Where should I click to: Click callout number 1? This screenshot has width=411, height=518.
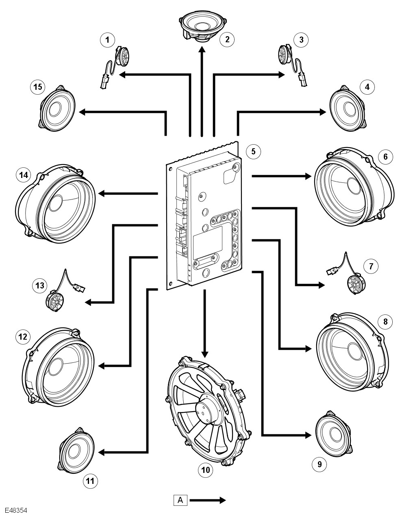coord(107,39)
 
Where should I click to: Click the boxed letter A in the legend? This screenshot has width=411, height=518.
coord(180,500)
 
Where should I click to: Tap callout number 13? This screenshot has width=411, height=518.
coord(39,286)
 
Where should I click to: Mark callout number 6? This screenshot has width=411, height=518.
coord(385,156)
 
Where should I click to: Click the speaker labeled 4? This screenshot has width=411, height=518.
coord(348,108)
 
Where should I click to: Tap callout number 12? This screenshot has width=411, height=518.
coord(23,336)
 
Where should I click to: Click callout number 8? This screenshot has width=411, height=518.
coord(385,321)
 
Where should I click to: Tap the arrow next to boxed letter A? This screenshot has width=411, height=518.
coord(207,500)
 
